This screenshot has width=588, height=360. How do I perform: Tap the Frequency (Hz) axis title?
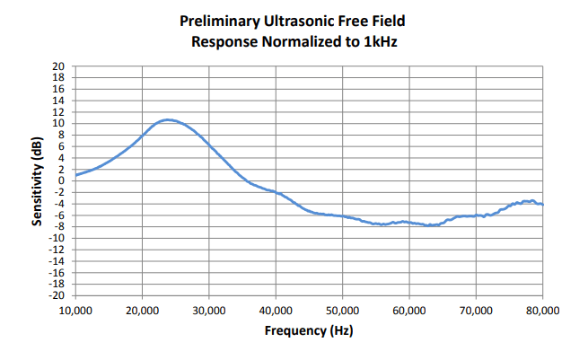tap(309, 330)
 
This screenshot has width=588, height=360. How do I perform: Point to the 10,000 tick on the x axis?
tap(75, 310)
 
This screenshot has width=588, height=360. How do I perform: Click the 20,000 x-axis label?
tap(142, 310)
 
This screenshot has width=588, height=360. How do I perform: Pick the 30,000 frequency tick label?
tap(208, 310)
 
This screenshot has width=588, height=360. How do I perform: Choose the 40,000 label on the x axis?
tap(276, 310)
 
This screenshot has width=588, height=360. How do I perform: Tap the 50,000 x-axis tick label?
tap(342, 310)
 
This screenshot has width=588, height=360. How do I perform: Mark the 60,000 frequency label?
tap(409, 310)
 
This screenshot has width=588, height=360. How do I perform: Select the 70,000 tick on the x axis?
tap(476, 310)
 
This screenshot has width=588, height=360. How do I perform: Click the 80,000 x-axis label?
tap(542, 310)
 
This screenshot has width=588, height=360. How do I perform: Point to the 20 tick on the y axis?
tap(59, 66)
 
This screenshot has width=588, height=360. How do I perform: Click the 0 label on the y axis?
tap(62, 180)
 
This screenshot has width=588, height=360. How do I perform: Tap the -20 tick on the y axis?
tap(57, 295)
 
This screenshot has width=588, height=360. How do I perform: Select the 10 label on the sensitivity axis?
tap(59, 124)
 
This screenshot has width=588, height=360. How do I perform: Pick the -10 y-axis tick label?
tap(57, 238)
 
